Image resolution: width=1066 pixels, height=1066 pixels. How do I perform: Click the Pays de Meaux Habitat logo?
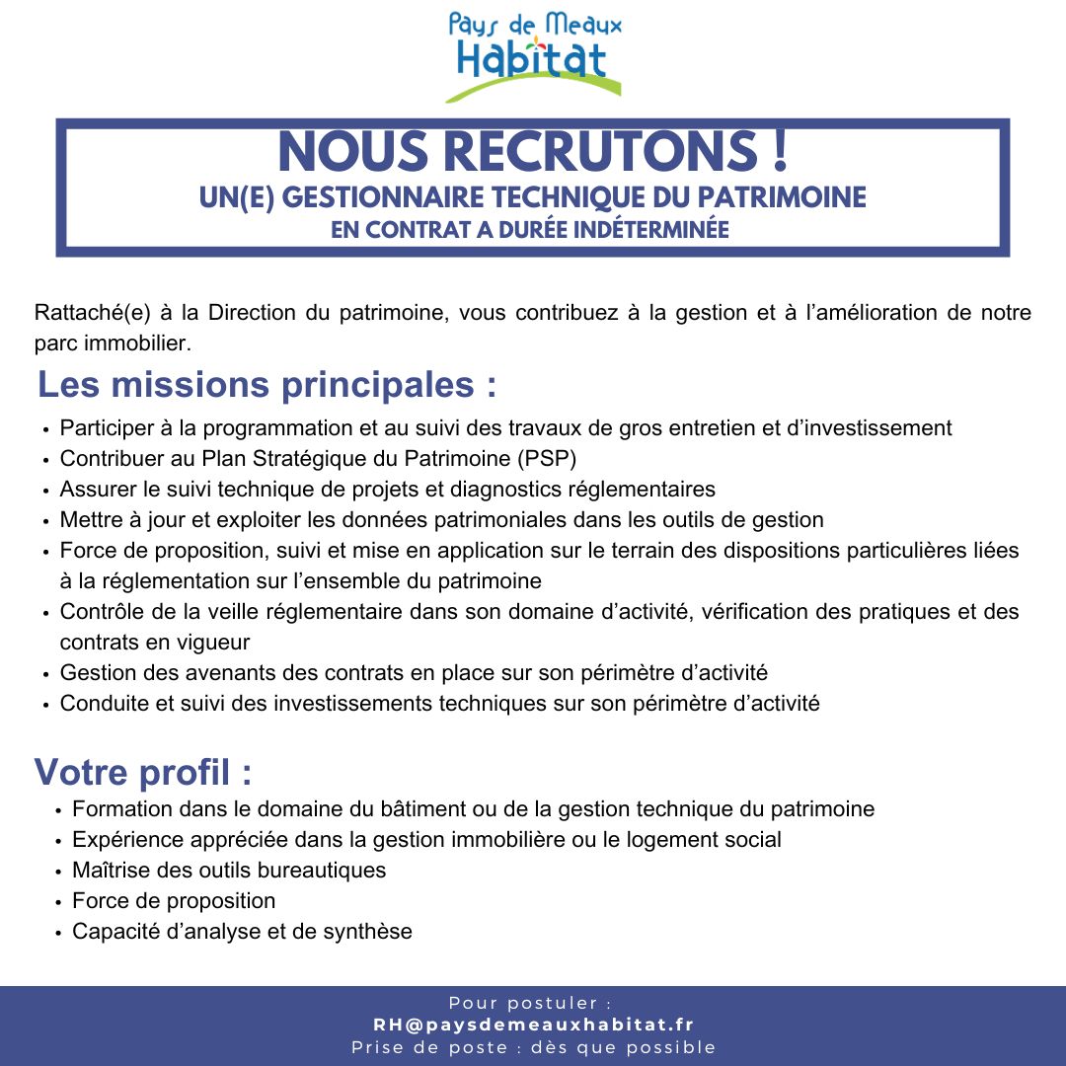click(534, 54)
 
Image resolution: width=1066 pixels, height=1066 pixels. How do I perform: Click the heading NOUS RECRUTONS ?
click(533, 152)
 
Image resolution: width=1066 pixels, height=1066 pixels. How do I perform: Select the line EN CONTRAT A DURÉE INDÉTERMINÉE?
click(533, 230)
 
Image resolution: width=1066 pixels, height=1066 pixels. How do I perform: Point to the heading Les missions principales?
click(266, 384)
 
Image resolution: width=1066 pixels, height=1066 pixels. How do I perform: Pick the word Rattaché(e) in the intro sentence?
click(90, 314)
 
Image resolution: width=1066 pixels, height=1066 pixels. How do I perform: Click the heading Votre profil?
click(143, 771)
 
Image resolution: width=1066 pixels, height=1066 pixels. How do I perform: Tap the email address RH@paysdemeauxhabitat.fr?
click(533, 1025)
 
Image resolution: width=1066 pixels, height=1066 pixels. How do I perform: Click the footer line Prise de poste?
click(533, 1047)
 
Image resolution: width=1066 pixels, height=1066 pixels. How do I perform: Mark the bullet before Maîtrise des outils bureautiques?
click(59, 872)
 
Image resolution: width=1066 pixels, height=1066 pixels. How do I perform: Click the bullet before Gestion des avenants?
click(46, 675)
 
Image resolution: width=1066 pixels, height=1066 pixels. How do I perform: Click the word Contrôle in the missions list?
click(98, 612)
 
